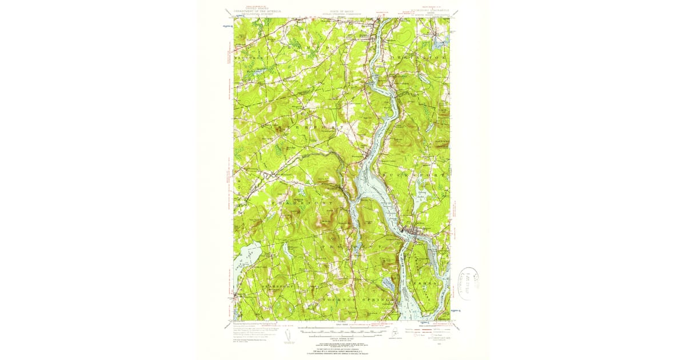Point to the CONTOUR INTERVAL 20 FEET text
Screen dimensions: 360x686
coord(342,340)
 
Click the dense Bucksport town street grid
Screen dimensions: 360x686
coord(414,230)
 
